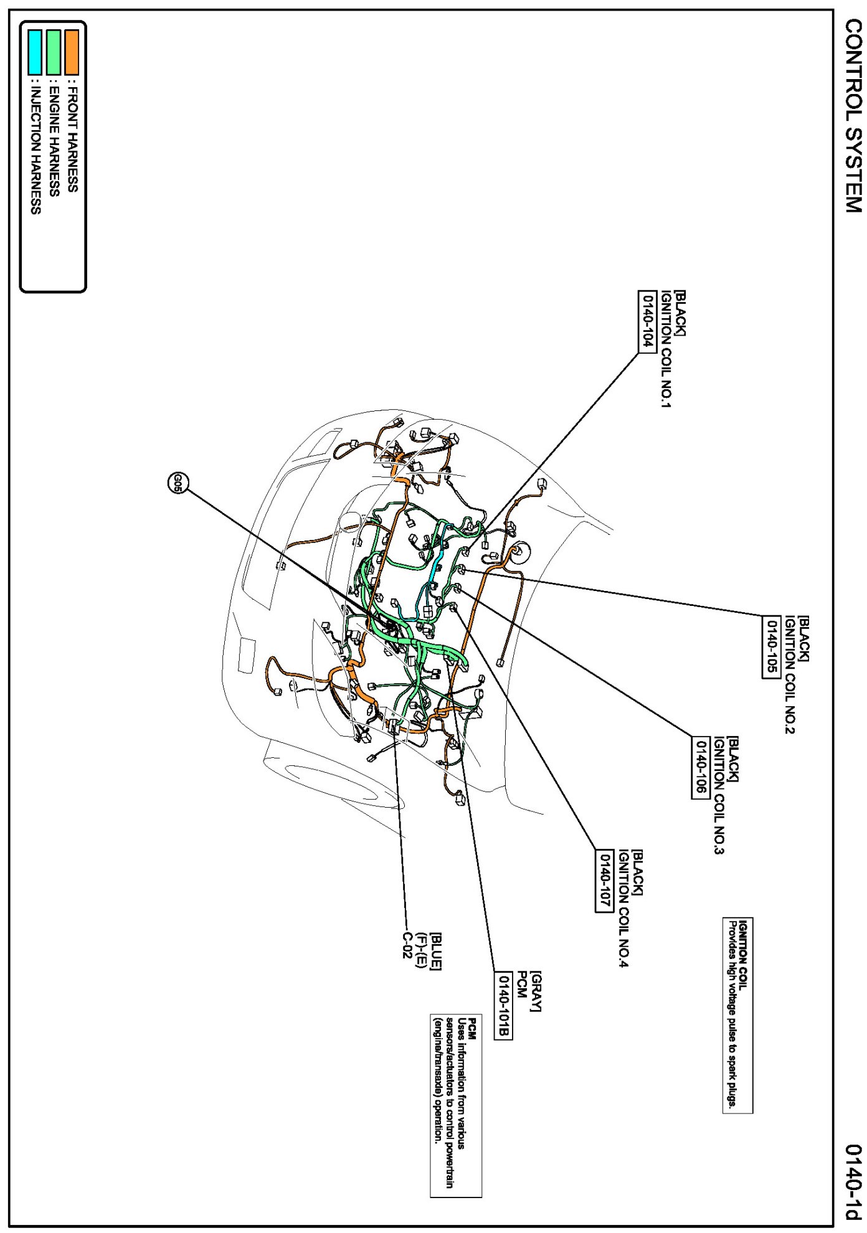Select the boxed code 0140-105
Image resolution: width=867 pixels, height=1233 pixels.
pyautogui.click(x=771, y=646)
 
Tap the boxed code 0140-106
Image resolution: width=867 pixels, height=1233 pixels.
pyautogui.click(x=701, y=767)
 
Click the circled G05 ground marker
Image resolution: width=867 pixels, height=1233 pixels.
pyautogui.click(x=178, y=483)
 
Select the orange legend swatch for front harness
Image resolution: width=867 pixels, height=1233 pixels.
pyautogui.click(x=72, y=52)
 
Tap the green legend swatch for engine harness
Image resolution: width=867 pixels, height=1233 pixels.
pyautogui.click(x=54, y=52)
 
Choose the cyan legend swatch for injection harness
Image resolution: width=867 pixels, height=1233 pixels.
pyautogui.click(x=36, y=52)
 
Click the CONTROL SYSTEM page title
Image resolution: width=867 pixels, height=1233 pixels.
pyautogui.click(x=853, y=116)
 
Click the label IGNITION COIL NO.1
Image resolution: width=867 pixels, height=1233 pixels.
pyautogui.click(x=666, y=348)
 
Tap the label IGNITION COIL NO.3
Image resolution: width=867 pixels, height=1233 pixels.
pyautogui.click(x=719, y=795)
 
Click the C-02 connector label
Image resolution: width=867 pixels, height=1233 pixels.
pyautogui.click(x=407, y=945)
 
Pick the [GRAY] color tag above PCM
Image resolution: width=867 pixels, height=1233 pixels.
pyautogui.click(x=536, y=991)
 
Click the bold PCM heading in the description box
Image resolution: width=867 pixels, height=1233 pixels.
pyautogui.click(x=472, y=1029)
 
